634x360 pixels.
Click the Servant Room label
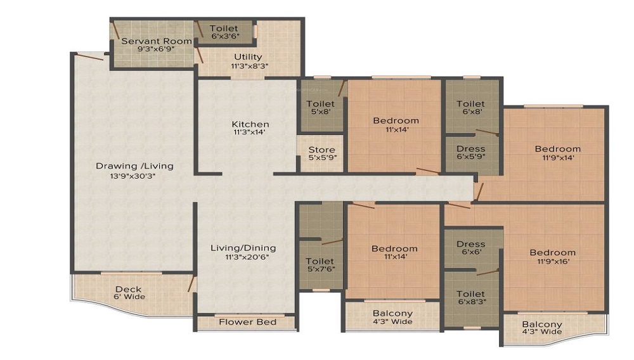click(x=157, y=41)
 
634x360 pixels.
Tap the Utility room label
click(x=249, y=57)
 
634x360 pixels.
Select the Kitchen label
click(x=250, y=124)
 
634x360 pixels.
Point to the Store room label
click(x=322, y=150)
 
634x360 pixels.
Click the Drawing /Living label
click(x=134, y=166)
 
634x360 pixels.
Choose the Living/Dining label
click(x=243, y=248)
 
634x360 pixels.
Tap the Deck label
click(x=129, y=289)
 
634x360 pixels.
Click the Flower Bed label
click(x=248, y=322)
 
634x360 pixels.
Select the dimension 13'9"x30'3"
click(x=133, y=176)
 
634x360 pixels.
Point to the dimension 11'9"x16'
click(x=553, y=261)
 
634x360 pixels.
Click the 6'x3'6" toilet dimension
click(x=225, y=36)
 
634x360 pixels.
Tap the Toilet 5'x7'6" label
click(x=320, y=265)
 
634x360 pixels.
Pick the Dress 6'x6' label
click(x=471, y=248)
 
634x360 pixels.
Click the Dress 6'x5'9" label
click(x=470, y=152)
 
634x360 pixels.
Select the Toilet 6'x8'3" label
click(x=472, y=297)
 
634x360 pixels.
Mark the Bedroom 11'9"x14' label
click(x=558, y=153)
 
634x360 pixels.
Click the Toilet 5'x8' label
click(x=321, y=108)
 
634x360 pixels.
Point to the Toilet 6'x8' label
click(x=471, y=108)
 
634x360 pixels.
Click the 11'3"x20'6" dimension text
click(x=247, y=257)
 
